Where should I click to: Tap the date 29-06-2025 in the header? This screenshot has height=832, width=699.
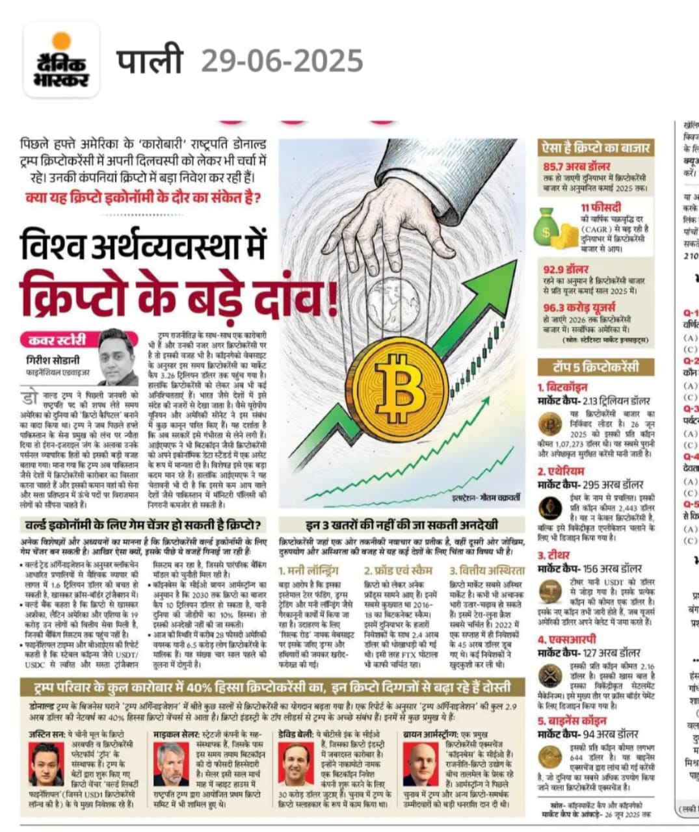point(282,62)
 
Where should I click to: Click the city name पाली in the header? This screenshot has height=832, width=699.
point(149,61)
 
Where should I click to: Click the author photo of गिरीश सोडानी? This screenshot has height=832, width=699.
point(118,357)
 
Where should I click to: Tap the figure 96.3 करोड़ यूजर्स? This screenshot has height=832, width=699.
point(579,307)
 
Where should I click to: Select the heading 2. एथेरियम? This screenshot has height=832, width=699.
point(561,471)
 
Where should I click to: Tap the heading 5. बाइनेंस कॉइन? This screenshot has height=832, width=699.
point(572,721)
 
